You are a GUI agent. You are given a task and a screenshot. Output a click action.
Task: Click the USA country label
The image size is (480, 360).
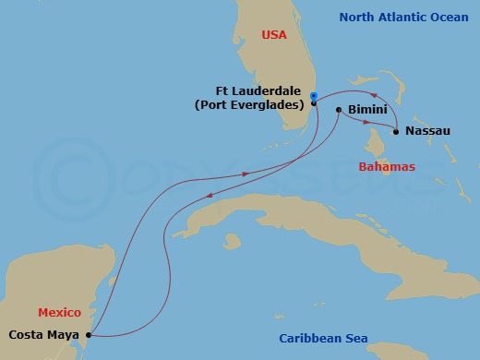click(274, 35)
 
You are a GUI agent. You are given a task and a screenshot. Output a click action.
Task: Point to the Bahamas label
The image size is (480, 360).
click(387, 166)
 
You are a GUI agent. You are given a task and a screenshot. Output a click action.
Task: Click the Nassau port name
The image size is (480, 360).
click(427, 131)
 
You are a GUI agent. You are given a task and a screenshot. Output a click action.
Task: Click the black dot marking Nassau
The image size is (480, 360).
click(396, 132)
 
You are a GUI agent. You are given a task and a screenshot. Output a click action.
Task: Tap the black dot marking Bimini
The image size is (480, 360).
click(339, 110)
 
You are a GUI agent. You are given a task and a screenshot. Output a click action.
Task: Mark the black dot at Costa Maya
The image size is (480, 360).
click(89, 335)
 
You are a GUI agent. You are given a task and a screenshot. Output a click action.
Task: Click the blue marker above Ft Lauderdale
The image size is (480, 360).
click(314, 96)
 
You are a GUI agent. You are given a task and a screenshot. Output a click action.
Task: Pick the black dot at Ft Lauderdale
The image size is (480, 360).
click(314, 103)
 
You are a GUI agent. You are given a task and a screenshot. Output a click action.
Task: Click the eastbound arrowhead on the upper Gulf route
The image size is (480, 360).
click(246, 173)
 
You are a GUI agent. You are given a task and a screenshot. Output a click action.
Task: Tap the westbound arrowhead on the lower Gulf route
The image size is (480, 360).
click(210, 195)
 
